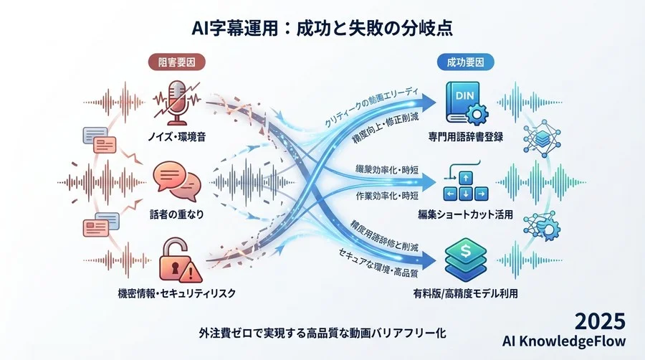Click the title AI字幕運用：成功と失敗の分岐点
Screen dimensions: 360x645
click(322, 28)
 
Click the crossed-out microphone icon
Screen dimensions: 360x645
click(175, 103)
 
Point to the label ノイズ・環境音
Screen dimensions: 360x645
click(174, 136)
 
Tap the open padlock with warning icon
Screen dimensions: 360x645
click(176, 262)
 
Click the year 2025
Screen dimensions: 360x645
click(601, 321)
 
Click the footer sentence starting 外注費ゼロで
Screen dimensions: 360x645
click(323, 333)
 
